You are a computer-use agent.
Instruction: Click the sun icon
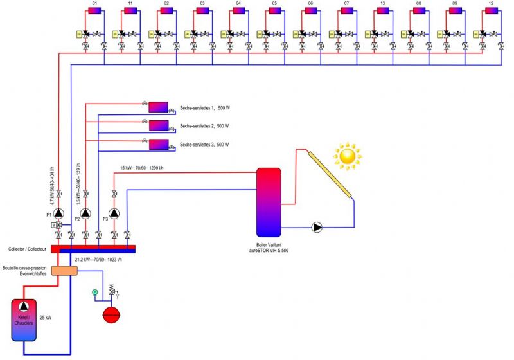click(348, 156)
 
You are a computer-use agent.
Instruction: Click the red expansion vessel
click(111, 315)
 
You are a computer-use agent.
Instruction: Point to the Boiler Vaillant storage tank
click(269, 203)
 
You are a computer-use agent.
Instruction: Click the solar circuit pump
click(317, 227)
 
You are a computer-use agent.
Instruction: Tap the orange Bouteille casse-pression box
click(64, 271)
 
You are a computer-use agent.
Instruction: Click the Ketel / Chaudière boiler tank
click(25, 319)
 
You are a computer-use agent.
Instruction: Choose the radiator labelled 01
click(94, 11)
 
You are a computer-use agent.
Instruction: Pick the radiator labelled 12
click(491, 11)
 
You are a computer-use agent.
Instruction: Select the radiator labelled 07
click(346, 11)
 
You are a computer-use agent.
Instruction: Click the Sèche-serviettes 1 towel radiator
click(158, 107)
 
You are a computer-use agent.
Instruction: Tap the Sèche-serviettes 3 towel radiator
click(158, 144)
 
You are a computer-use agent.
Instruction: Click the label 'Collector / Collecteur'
click(26, 248)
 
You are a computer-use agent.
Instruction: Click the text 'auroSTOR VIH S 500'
click(269, 250)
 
